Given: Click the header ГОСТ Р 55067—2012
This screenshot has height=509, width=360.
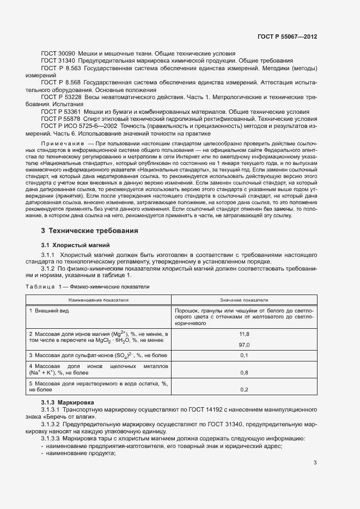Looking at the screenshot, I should pos(286,36).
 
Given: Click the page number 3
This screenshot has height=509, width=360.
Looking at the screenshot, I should pos(315,463).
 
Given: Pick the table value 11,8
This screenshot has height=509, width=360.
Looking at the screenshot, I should pos(244,334).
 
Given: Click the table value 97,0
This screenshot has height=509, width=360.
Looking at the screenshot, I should pos(244,345).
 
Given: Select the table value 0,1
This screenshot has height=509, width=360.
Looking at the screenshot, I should pos(244,355).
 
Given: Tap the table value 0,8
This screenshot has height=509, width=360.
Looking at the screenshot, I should pos(244,373).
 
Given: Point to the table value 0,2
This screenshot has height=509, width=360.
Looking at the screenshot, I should pos(244,390).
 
